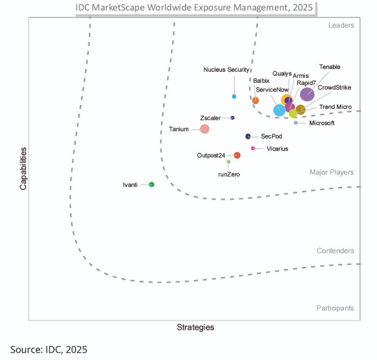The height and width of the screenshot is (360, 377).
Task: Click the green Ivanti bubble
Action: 152,185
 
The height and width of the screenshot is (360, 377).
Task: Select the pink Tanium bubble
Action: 205,129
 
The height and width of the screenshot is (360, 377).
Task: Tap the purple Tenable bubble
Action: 307,94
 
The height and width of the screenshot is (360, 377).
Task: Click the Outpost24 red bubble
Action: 237,155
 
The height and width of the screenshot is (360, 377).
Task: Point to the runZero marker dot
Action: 229,162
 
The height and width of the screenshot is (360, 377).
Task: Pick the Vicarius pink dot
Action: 253,148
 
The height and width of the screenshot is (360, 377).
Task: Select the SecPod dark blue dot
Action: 248,136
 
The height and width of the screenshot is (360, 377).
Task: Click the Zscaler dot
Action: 233,118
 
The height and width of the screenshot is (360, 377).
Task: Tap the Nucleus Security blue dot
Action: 234,96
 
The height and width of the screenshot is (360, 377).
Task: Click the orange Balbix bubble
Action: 256,101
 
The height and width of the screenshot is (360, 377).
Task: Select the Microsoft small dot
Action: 296,123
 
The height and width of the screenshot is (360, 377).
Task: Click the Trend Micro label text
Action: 336,107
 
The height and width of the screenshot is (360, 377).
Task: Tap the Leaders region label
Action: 341,26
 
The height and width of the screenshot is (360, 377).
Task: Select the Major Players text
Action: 331,173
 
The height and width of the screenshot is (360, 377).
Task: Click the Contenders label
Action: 335,251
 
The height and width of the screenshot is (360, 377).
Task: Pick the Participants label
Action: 335,308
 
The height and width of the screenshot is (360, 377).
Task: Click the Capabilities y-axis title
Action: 23,168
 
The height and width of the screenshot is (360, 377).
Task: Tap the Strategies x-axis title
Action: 195,328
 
